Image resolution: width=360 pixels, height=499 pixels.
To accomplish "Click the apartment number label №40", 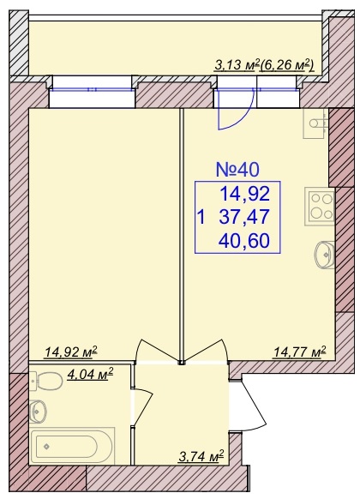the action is (237, 169).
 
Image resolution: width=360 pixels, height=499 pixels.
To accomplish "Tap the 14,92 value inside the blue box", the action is (245, 194).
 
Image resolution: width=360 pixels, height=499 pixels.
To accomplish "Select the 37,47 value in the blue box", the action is (244, 217).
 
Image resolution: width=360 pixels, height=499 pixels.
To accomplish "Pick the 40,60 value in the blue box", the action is (244, 240).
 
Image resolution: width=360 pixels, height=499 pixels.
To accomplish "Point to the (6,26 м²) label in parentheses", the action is (287, 65).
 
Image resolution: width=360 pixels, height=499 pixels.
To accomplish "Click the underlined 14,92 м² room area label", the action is (71, 352).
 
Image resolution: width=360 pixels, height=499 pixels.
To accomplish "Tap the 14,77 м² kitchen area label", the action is (300, 352).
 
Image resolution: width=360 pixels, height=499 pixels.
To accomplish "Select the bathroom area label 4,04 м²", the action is (90, 373).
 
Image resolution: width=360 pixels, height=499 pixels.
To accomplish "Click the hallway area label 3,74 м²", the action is (201, 457).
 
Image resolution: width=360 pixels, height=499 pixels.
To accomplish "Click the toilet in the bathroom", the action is (45, 382).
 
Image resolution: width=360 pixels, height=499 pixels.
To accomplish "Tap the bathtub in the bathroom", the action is (72, 446).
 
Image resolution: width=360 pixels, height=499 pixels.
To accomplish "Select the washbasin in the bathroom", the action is (39, 412).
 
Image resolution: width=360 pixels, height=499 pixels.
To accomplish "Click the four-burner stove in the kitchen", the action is (320, 207).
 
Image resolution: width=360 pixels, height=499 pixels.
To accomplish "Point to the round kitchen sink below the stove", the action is (324, 255).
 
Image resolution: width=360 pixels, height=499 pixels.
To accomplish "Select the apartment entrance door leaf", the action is (254, 404).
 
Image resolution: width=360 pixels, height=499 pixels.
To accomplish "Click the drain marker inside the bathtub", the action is (47, 446).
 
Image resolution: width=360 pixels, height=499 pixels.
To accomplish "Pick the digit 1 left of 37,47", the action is (201, 217).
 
